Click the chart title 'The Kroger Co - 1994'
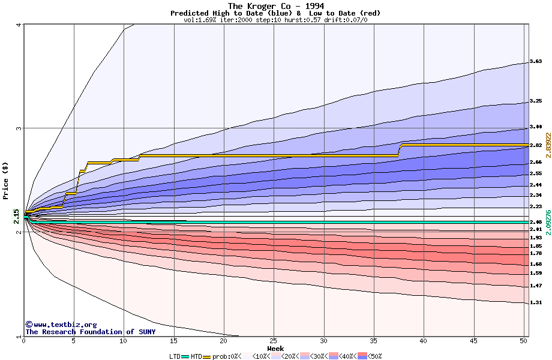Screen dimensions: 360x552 pos(275,6)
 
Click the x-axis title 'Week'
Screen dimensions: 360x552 pos(275,349)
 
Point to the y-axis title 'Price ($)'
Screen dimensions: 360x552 pos(6,180)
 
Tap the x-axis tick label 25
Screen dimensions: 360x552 pos(274,341)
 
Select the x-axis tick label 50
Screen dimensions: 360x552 pos(523,341)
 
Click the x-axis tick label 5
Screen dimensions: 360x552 pos(74,341)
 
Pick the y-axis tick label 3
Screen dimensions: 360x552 pos(20,128)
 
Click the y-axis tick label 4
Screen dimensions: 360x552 pos(20,25)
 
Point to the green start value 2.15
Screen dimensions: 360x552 pos(16,216)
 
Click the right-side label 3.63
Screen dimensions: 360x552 pos(536,61)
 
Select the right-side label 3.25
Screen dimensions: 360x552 pos(536,101)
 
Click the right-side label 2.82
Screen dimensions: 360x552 pos(536,145)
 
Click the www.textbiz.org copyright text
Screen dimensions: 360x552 pos(61,325)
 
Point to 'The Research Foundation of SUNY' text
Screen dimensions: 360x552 pos(90,332)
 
